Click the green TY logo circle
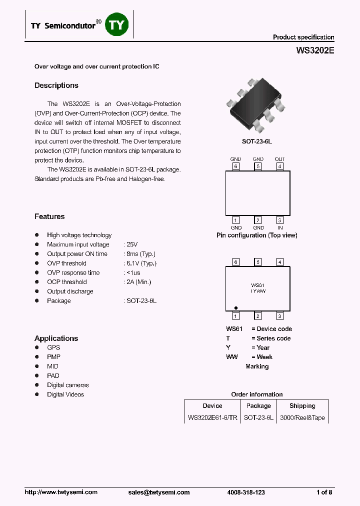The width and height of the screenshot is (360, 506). click(117, 25)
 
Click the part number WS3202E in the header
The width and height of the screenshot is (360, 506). click(315, 50)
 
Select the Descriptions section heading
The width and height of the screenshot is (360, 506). click(56, 85)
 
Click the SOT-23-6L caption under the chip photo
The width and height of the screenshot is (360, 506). click(256, 141)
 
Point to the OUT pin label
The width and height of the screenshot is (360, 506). click(279, 159)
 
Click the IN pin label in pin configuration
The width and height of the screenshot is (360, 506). click(280, 227)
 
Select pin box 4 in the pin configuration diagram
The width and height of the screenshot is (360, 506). click(280, 166)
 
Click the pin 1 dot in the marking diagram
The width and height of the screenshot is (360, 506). click(236, 308)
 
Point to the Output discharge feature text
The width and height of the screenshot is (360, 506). click(70, 291)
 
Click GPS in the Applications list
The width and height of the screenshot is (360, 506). click(53, 347)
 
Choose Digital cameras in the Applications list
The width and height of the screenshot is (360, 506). click(68, 385)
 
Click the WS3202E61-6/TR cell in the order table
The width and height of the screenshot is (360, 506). click(212, 417)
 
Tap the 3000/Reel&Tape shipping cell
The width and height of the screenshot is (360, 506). click(302, 417)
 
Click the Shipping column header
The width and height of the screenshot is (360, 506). click(302, 406)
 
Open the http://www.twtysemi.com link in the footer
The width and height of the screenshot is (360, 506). click(61, 492)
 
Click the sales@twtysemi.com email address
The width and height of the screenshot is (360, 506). click(159, 492)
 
